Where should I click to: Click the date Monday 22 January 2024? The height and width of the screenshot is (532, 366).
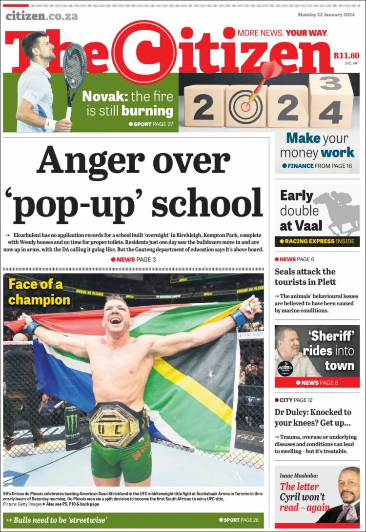pos(326,15)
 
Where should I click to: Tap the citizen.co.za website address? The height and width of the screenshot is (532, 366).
pos(42,16)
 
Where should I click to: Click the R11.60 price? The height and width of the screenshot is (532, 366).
pos(346,56)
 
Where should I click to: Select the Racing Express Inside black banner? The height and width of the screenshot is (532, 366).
pos(317,241)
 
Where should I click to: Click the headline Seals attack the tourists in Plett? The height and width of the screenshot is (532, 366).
pos(305,276)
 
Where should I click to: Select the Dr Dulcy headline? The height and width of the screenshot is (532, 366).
pos(312,417)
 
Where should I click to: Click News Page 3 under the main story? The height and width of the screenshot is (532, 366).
pos(133,259)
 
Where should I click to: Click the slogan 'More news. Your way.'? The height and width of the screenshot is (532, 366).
pos(282,33)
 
